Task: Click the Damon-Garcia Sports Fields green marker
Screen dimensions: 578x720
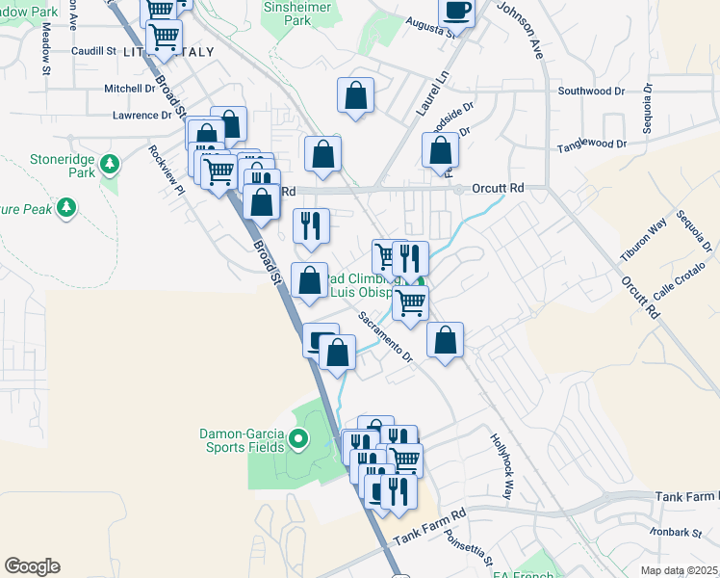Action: (x=297, y=440)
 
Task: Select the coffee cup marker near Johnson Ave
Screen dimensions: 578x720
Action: (x=456, y=12)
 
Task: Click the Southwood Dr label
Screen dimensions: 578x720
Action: (x=591, y=92)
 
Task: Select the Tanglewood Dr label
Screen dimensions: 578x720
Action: (x=592, y=145)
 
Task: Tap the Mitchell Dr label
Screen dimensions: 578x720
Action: (x=130, y=89)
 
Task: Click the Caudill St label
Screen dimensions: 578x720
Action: (x=93, y=50)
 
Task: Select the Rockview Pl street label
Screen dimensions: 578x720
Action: (x=166, y=170)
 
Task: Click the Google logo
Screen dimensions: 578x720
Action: (x=32, y=566)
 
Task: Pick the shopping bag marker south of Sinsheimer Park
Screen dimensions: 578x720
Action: (x=355, y=96)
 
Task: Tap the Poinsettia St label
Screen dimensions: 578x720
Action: (x=469, y=552)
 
